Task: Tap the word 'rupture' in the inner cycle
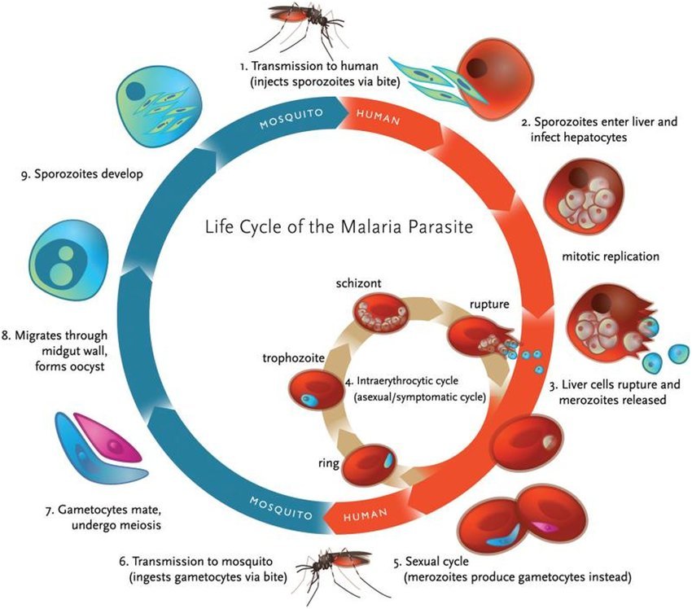pos(489,304)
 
